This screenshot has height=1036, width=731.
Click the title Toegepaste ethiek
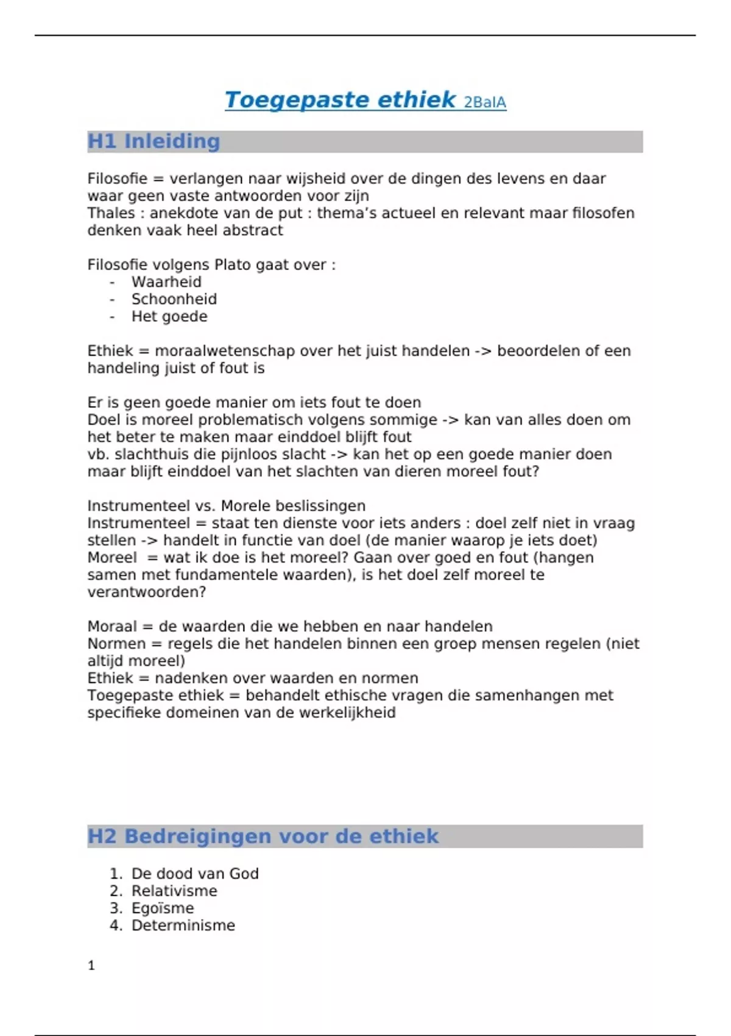tap(340, 100)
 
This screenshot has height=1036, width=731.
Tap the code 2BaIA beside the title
tap(485, 102)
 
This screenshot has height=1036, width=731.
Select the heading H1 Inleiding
tap(154, 141)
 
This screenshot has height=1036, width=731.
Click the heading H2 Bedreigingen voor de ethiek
tap(263, 836)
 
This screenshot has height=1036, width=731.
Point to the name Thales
tap(111, 213)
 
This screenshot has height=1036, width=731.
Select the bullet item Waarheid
tap(166, 282)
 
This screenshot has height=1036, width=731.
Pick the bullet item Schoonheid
tap(174, 299)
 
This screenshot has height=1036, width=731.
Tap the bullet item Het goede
tap(169, 317)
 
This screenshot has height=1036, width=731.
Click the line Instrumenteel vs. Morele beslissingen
tap(227, 506)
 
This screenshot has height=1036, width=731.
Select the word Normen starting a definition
tap(116, 644)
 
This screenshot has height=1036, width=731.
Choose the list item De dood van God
tap(195, 874)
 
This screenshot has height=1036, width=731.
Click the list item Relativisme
tap(174, 891)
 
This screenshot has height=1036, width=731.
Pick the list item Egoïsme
tap(163, 908)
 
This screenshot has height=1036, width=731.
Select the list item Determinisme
tap(183, 926)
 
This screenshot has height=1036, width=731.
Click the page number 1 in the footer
tap(91, 965)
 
